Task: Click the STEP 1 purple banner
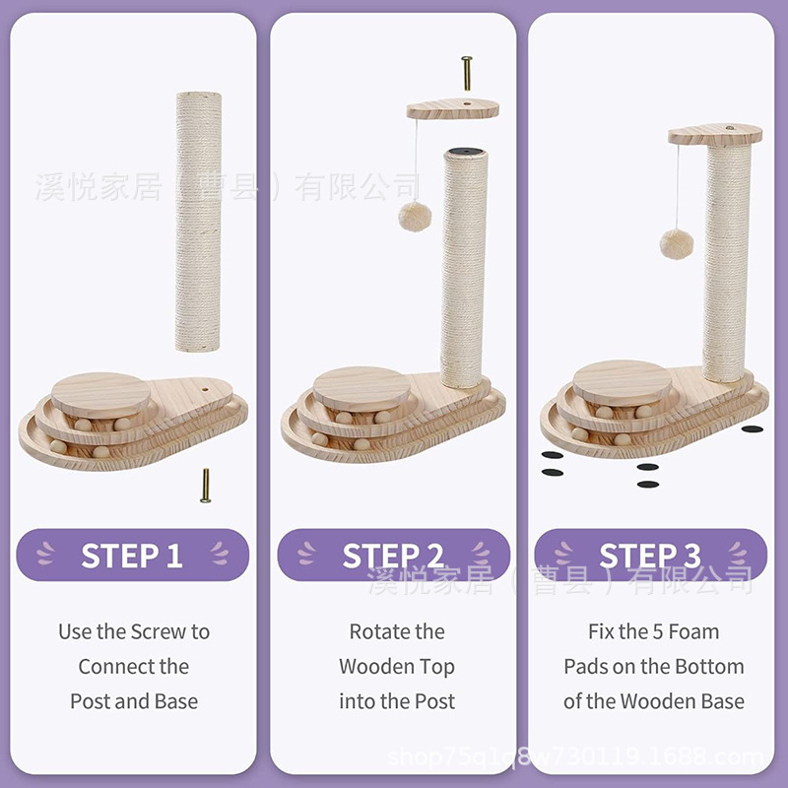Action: point(133,555)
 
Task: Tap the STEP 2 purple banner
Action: point(393,555)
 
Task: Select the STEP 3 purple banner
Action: point(651,555)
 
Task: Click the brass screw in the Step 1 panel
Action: point(206,486)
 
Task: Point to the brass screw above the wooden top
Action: point(467,73)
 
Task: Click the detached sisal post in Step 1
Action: point(198,222)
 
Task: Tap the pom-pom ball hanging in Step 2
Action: point(415,217)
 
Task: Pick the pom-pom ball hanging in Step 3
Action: point(677,243)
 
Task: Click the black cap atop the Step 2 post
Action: point(465,152)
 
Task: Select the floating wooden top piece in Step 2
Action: point(453,109)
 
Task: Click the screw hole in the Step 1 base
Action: point(206,389)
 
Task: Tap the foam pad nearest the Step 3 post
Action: point(753,429)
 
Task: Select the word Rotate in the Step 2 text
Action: point(371,631)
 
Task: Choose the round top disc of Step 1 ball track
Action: point(101,394)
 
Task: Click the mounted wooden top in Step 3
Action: point(715,135)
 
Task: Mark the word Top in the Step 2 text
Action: point(437,668)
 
